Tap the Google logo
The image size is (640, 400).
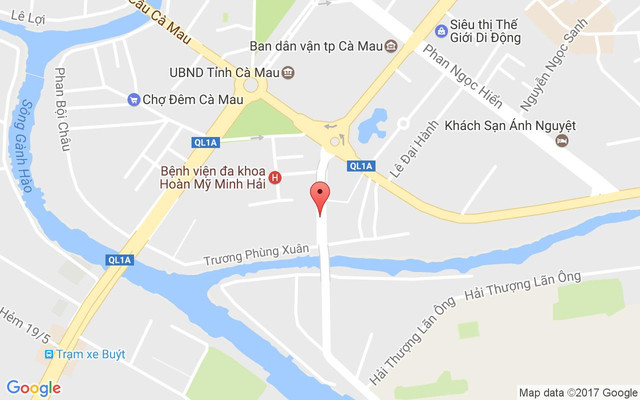(33, 388)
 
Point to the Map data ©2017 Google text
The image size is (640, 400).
(577, 392)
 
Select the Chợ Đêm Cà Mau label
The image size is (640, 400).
(189, 99)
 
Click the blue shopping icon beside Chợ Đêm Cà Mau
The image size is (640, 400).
(133, 99)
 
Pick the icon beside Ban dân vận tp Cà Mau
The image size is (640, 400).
(390, 46)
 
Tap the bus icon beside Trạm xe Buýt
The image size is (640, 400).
(47, 354)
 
